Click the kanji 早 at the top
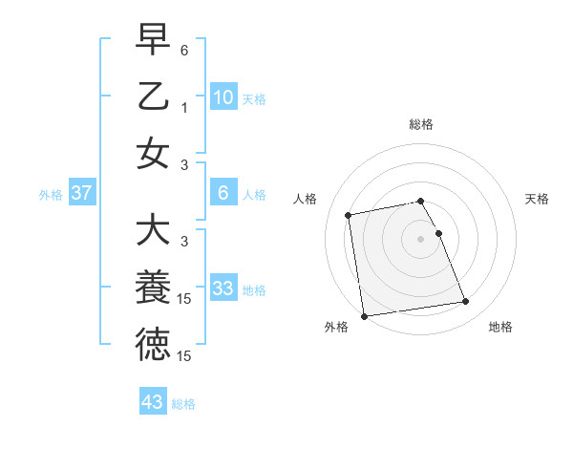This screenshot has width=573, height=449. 153,41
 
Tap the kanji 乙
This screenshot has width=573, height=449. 153,96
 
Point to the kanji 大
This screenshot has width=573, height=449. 153,230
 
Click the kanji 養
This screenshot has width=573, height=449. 153,288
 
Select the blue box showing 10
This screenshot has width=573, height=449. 223,96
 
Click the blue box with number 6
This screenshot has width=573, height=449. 223,194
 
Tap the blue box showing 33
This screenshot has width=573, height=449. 223,289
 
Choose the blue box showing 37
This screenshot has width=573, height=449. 82,194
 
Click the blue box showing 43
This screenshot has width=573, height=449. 153,402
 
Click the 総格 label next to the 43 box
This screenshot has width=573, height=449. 183,404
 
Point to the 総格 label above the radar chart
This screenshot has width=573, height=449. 420,124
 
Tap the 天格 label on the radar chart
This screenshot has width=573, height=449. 538,199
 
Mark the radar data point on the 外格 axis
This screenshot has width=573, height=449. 364,316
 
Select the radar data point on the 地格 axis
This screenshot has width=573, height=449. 465,303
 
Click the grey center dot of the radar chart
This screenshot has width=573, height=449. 420,238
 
